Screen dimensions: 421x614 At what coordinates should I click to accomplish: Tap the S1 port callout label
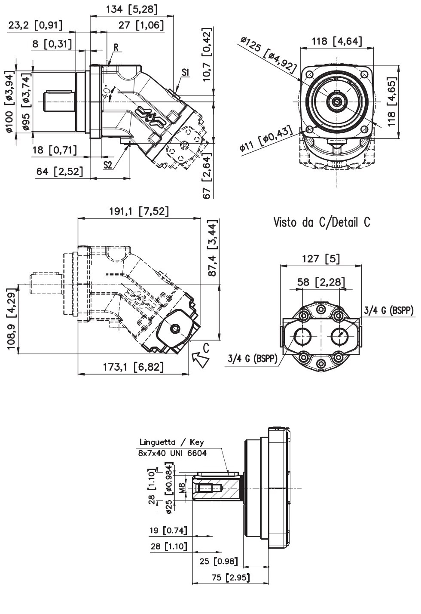coord(186,73)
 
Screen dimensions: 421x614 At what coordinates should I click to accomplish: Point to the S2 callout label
coord(108,165)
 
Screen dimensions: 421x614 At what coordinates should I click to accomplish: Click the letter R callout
coord(116,47)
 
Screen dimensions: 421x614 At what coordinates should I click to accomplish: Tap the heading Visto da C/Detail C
coord(322,222)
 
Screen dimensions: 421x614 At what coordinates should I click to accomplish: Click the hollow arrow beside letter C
coord(200,359)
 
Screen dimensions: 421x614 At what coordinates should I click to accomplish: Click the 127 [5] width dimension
coord(321,258)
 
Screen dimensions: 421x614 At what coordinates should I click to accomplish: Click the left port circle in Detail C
coord(302,336)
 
